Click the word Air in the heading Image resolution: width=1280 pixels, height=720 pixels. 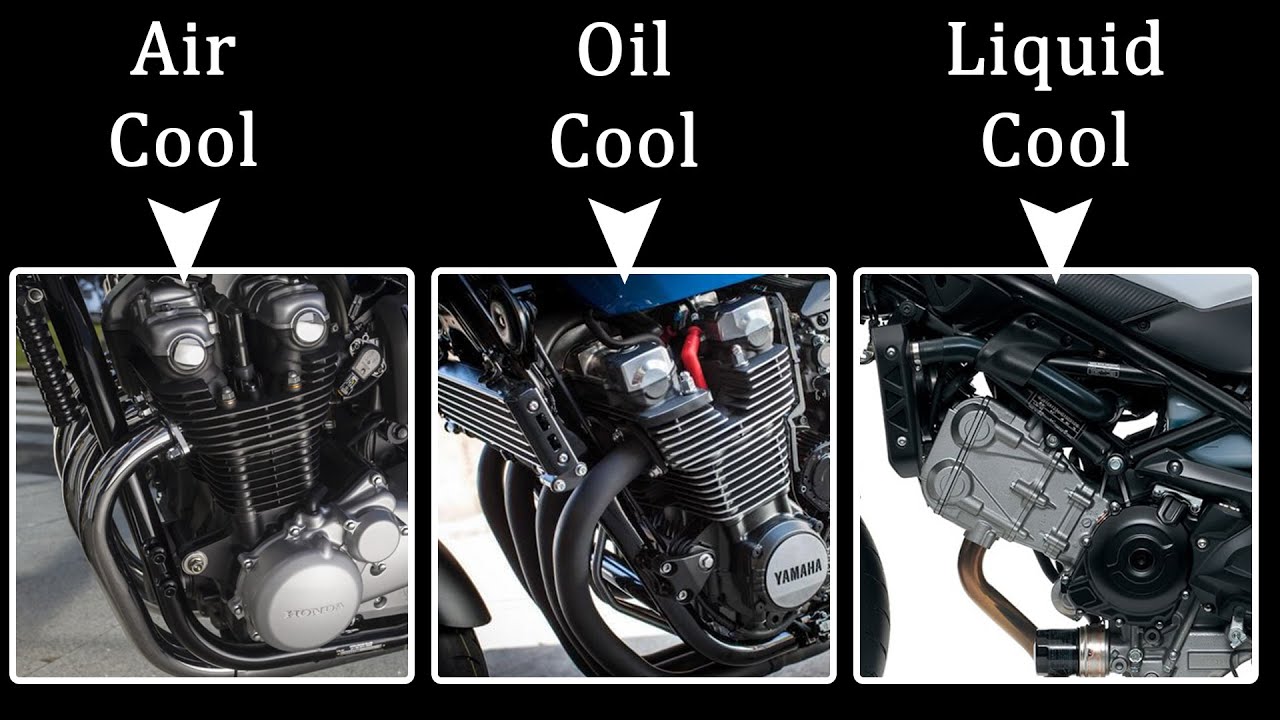183,49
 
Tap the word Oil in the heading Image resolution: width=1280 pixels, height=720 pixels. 623,49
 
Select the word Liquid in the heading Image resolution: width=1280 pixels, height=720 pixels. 1055,55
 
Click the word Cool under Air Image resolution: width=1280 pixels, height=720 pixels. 183,139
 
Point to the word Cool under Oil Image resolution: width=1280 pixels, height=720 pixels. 623,139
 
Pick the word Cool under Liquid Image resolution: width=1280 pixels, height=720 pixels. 1055,139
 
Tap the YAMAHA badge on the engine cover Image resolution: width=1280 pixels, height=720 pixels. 798,571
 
